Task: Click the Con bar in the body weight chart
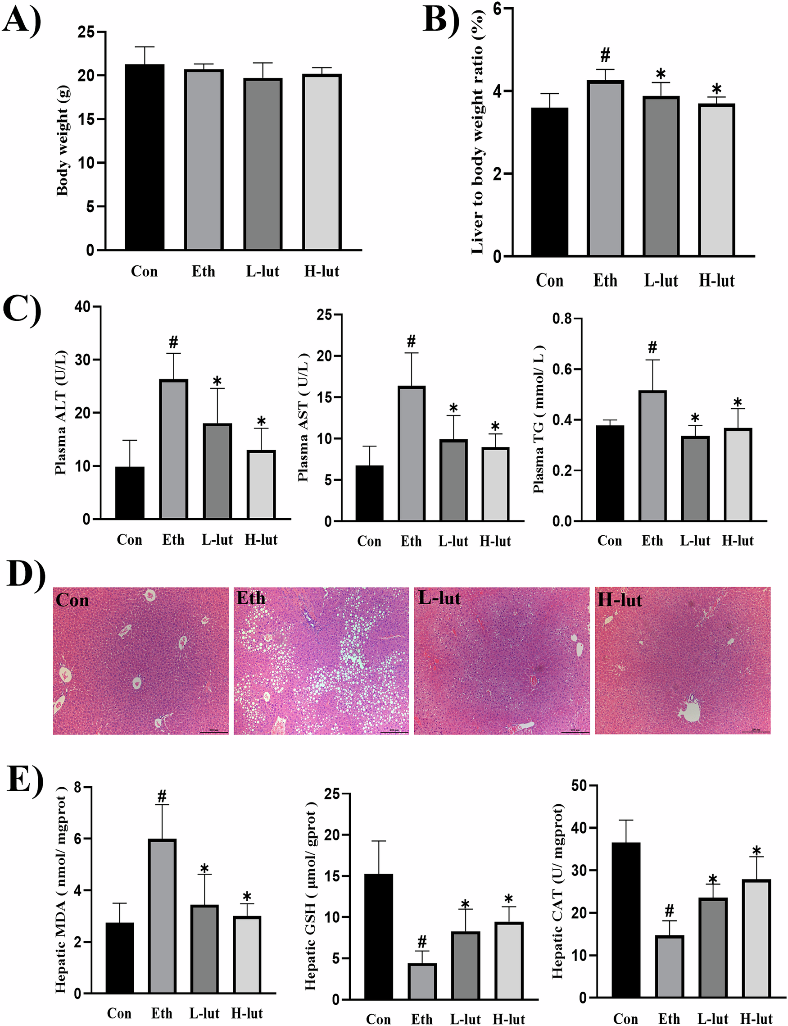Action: (145, 157)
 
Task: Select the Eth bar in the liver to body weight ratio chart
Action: (605, 169)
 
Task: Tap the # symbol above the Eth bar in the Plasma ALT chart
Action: (173, 342)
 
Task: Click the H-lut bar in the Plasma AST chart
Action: (495, 484)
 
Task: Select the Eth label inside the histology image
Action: (250, 598)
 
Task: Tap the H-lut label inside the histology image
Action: (619, 600)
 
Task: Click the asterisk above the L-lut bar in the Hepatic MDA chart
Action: (204, 869)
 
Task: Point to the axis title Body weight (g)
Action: (63, 141)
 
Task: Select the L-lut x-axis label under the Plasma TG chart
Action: (695, 541)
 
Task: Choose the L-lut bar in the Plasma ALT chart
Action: (217, 471)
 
